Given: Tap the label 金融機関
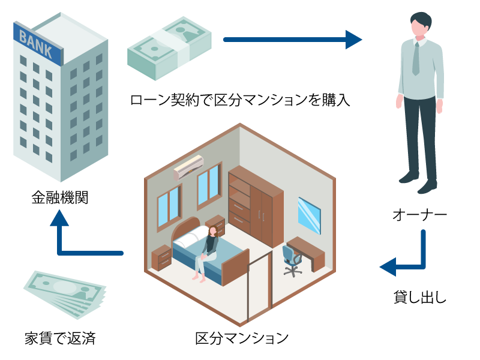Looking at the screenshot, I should [x=59, y=197].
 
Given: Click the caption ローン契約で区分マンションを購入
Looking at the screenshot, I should [x=240, y=99].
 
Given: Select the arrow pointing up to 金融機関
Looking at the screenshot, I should [x=60, y=234].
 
